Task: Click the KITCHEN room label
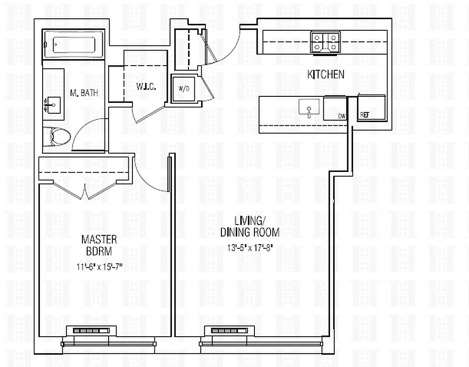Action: click(x=326, y=74)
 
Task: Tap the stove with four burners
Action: click(x=325, y=42)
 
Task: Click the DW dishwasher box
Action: click(x=335, y=109)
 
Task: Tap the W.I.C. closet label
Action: click(x=144, y=86)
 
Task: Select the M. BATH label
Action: click(x=84, y=93)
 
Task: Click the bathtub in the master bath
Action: click(x=74, y=44)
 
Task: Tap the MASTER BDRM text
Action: click(x=99, y=245)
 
